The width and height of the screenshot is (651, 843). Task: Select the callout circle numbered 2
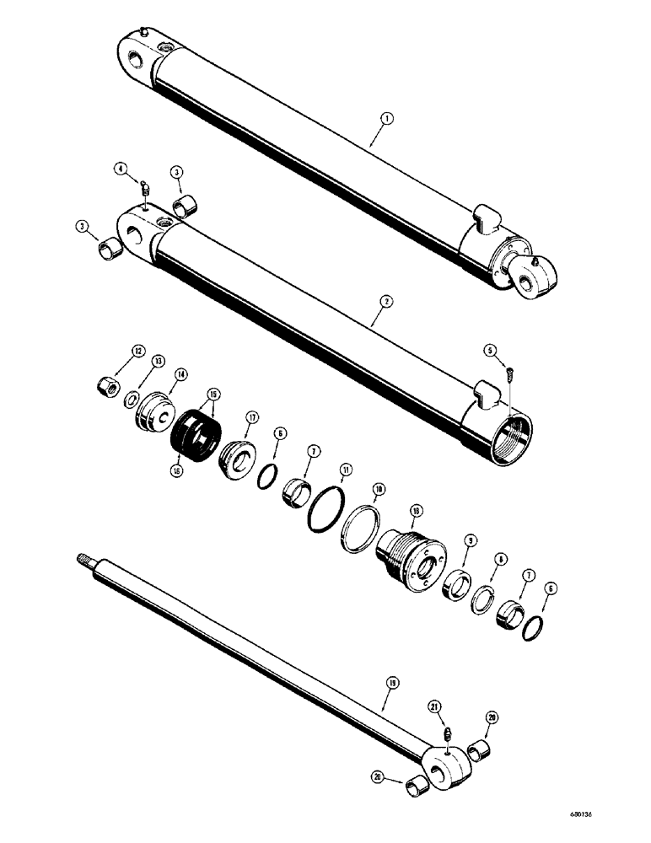pos(386,300)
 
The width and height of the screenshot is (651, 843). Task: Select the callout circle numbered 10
pos(379,488)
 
